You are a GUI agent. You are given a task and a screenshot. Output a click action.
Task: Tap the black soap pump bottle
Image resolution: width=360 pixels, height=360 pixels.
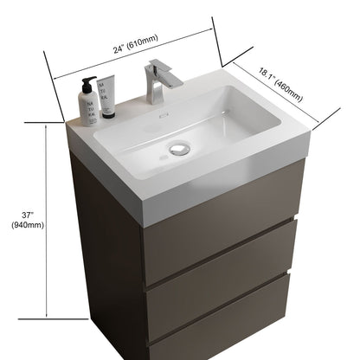tap(87, 102)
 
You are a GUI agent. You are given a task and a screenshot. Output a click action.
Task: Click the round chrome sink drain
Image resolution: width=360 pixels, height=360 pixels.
tap(180, 149)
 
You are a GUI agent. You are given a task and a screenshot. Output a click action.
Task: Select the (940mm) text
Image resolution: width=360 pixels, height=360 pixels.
tap(27, 225)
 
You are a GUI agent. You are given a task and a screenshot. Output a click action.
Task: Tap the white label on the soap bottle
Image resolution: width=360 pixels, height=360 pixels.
tap(88, 107)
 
